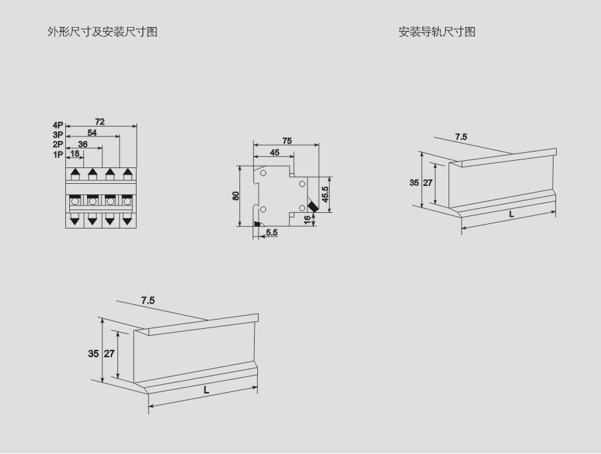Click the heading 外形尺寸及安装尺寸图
[102, 32]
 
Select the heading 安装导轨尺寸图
[437, 32]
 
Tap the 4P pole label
[58, 125]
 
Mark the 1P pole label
[58, 155]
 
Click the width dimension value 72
[100, 122]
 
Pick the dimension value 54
[92, 132]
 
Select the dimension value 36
[83, 144]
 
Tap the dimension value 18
[75, 154]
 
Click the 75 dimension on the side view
[287, 141]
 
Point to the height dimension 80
[236, 196]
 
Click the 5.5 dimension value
[272, 233]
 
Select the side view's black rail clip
[257, 225]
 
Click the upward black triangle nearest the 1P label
[75, 173]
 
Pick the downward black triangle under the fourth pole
[127, 220]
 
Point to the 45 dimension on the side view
[274, 152]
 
